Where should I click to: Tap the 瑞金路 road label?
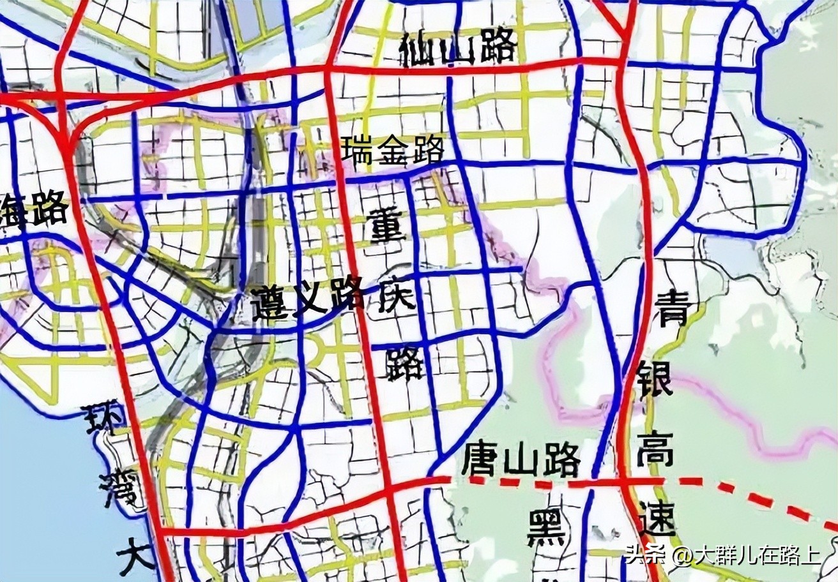pos(392,151)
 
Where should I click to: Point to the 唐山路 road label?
pos(521,459)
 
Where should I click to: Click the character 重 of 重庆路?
pos(387,227)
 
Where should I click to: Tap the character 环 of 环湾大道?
pos(104,422)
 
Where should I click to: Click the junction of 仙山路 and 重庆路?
pos(329,69)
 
